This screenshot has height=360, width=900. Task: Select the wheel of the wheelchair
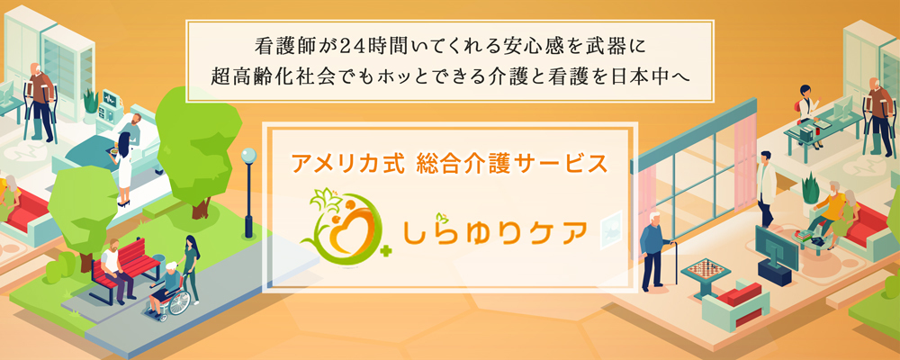coord(179,303)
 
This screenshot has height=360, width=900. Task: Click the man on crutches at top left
coord(36,99)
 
